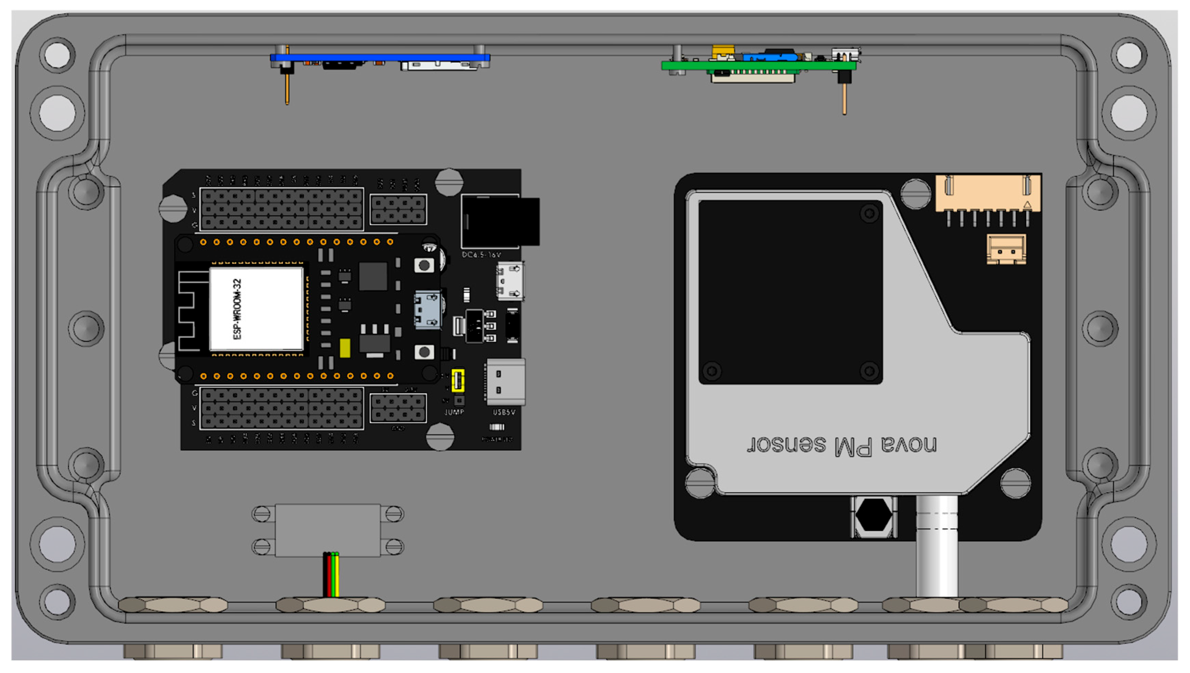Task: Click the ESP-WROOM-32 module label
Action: point(237,309)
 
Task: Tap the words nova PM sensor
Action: point(842,446)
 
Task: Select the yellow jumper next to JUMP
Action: point(457,380)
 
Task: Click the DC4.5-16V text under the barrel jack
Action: point(481,255)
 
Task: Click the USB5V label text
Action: point(504,412)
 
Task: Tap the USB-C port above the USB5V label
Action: point(505,381)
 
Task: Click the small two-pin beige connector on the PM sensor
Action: point(1006,250)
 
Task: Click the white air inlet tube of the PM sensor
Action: point(937,545)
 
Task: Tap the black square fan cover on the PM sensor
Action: point(790,292)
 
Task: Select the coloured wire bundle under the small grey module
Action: point(331,575)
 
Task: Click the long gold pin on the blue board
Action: point(287,88)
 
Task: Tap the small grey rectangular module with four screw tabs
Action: point(328,530)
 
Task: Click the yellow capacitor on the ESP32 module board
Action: point(345,348)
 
